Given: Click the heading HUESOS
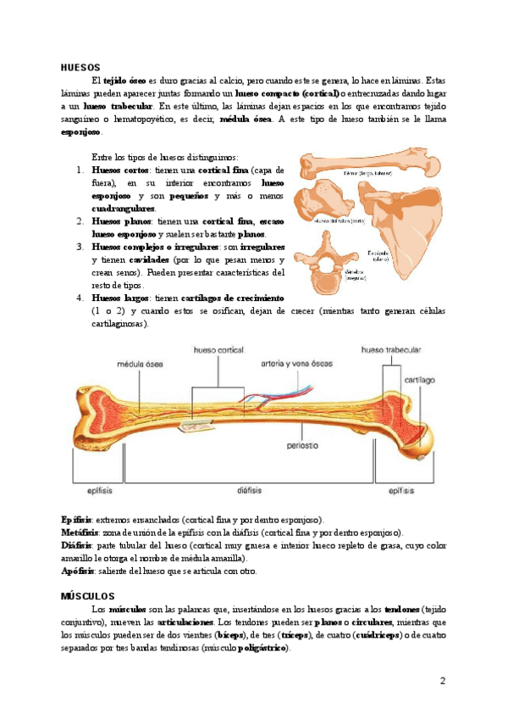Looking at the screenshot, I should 81,67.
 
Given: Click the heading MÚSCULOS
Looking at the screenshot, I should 93,596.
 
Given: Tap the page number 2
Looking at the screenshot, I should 442,681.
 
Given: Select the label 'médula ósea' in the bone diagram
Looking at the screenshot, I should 141,365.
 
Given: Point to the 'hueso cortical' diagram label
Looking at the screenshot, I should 218,350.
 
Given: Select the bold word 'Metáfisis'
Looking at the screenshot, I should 81,532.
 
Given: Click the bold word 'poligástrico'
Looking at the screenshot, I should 263,647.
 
